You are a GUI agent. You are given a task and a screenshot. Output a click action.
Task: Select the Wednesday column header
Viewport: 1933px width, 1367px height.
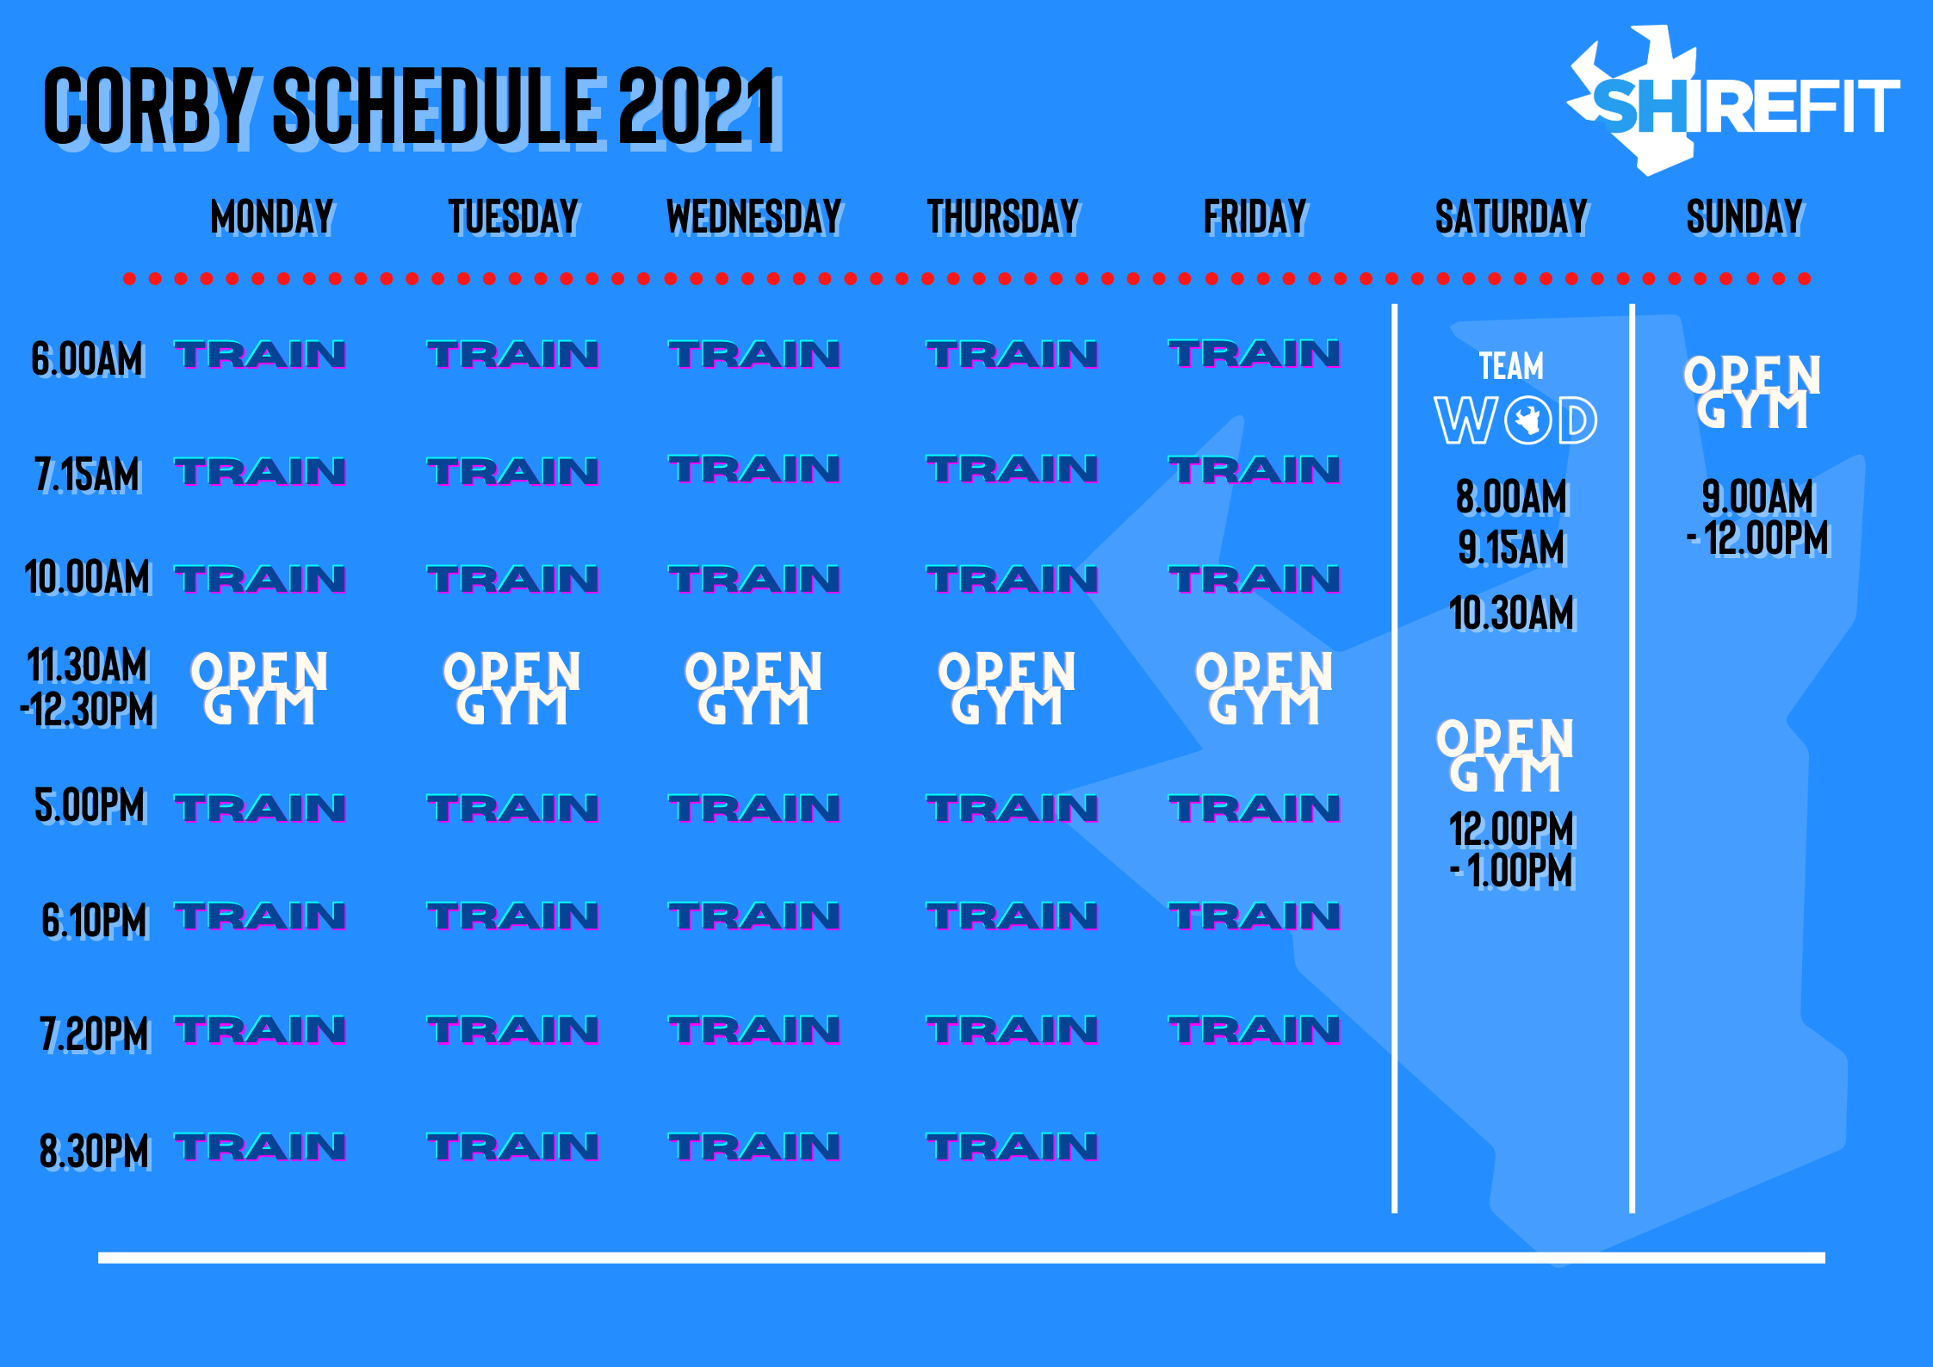click(754, 216)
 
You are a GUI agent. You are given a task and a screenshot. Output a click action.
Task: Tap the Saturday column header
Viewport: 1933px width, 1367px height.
click(1511, 216)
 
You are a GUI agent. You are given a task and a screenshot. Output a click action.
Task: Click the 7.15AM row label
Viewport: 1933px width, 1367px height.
click(87, 475)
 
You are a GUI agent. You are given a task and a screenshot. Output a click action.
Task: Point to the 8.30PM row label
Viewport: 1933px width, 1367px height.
click(95, 1151)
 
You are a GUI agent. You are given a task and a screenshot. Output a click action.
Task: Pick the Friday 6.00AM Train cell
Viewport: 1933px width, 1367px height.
click(1254, 354)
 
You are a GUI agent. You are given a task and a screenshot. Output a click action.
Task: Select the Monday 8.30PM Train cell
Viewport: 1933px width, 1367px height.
click(260, 1147)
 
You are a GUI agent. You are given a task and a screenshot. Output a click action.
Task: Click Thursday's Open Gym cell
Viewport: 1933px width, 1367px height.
click(1007, 688)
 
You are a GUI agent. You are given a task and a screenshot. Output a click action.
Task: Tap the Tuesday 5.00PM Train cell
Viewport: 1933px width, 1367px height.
click(513, 809)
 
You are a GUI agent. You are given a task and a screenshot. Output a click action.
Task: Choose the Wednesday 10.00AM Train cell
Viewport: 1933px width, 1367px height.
click(754, 580)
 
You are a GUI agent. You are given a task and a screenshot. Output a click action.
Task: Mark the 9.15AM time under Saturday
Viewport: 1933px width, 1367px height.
click(1512, 548)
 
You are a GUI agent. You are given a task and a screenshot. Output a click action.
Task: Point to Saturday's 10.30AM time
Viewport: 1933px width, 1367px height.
click(1512, 613)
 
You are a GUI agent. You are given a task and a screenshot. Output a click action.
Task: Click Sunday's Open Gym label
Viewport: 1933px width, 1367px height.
click(1752, 393)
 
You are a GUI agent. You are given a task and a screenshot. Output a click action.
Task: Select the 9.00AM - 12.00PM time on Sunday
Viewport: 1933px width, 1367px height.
click(1757, 518)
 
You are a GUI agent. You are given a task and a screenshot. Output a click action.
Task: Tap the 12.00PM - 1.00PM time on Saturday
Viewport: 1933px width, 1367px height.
click(1512, 850)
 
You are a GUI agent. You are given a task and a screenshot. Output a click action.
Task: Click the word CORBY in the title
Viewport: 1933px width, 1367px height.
click(147, 107)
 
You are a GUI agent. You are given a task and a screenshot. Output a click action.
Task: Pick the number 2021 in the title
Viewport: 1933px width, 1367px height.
click(698, 107)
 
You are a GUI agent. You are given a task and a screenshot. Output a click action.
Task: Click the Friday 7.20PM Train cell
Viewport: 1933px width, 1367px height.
click(1254, 1031)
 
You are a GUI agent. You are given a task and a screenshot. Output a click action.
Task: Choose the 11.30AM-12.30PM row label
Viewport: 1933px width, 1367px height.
click(87, 688)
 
